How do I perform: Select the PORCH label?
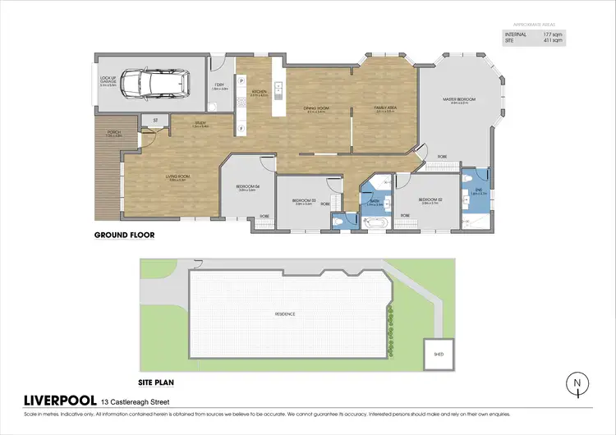click(107, 134)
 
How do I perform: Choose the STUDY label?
click(200, 125)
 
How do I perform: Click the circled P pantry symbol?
click(241, 81)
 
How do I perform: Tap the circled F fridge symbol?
click(241, 130)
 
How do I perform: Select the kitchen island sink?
click(279, 86)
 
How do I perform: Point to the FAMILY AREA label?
click(386, 108)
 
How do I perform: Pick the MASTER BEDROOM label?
click(460, 100)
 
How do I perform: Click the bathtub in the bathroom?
click(376, 221)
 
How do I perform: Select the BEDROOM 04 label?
click(248, 186)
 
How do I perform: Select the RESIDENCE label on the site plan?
click(285, 314)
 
